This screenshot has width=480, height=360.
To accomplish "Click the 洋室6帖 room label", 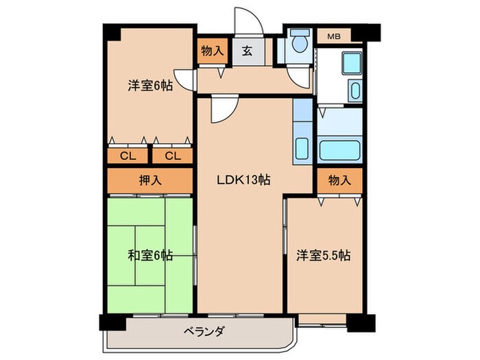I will click(x=149, y=86).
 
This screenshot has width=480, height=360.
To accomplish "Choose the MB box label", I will click(x=334, y=36).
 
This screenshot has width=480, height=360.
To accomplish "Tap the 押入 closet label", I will click(x=149, y=180).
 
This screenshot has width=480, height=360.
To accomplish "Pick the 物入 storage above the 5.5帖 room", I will click(x=339, y=180).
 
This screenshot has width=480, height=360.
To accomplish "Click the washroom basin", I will click(x=354, y=89).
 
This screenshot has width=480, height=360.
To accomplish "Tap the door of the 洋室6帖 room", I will click(x=184, y=77).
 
